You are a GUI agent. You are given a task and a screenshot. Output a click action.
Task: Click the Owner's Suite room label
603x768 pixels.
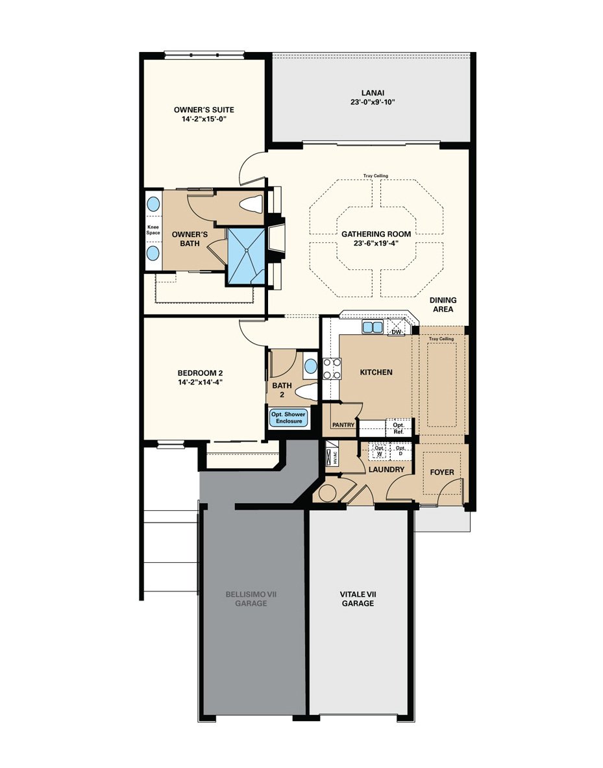click(x=204, y=110)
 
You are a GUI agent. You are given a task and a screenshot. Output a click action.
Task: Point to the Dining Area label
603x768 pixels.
click(x=443, y=304)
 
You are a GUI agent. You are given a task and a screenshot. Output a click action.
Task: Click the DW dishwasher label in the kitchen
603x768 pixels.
click(x=395, y=332)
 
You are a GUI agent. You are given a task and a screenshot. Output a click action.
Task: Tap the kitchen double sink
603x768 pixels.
click(x=372, y=327)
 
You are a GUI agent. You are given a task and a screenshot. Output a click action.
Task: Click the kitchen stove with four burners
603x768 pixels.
click(x=332, y=368)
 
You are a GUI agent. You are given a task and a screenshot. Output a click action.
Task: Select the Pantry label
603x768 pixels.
click(x=343, y=425)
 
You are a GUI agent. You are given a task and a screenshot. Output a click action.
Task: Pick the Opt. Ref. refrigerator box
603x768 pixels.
click(x=399, y=428)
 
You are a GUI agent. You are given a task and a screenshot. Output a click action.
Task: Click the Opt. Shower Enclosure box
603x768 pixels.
click(x=289, y=417)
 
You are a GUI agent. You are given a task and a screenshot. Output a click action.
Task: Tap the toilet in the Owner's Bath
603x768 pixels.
click(x=251, y=204)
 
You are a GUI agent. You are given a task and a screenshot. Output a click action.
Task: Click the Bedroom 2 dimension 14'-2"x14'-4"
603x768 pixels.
click(x=200, y=382)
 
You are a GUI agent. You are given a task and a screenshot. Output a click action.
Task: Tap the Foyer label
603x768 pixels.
click(x=442, y=472)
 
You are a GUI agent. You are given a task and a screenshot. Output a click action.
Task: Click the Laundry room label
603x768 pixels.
click(x=386, y=469)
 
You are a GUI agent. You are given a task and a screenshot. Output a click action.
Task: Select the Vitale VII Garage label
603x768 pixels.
click(x=357, y=599)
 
